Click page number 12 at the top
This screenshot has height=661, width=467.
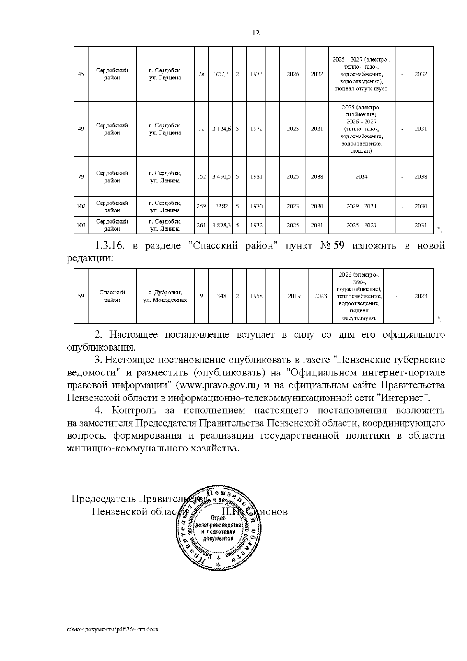(256, 33)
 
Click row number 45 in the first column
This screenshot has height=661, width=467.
(81, 74)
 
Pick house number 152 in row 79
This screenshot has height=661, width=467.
(201, 176)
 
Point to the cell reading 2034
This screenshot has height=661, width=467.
(361, 176)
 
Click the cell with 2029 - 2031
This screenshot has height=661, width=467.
(361, 206)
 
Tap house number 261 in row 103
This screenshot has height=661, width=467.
(201, 225)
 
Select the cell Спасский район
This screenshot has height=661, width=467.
(112, 296)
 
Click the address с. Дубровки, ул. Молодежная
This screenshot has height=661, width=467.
(165, 296)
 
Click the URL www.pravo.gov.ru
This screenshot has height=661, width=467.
(218, 386)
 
